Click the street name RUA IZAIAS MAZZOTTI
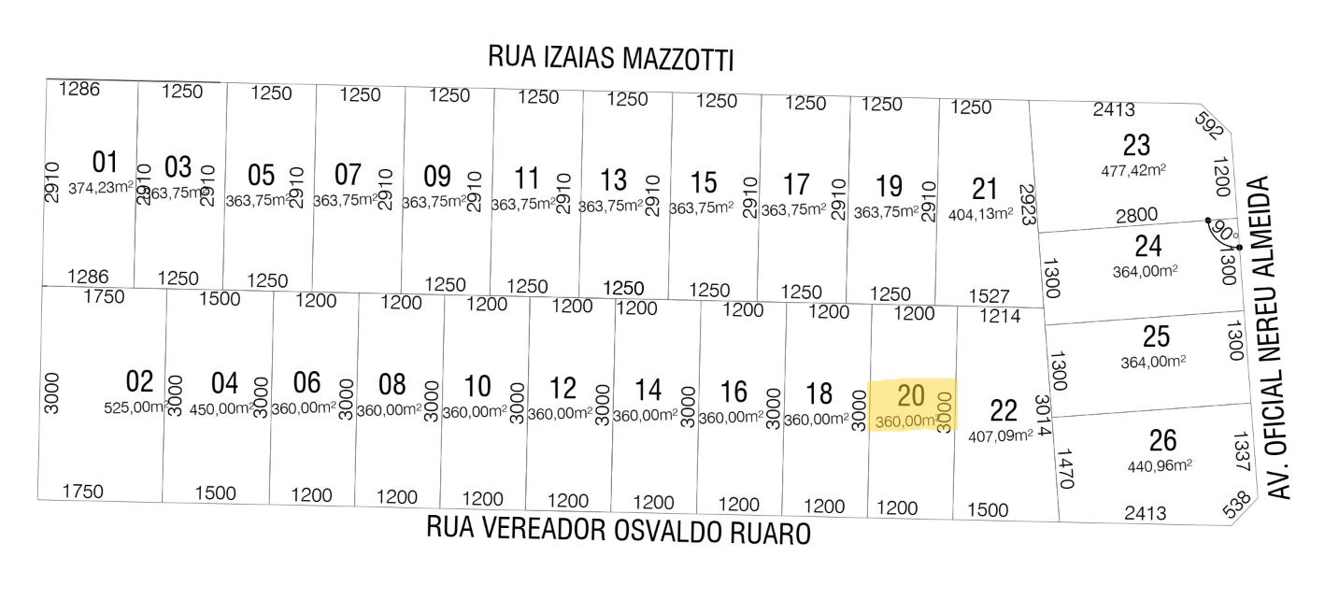(x=611, y=58)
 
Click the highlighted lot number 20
(x=910, y=395)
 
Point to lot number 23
(x=1136, y=146)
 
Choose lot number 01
(x=106, y=162)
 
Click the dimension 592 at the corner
(x=1208, y=125)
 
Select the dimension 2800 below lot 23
(x=1136, y=215)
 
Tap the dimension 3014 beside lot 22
(x=1043, y=418)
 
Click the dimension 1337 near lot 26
(x=1239, y=453)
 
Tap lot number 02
(x=139, y=381)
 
